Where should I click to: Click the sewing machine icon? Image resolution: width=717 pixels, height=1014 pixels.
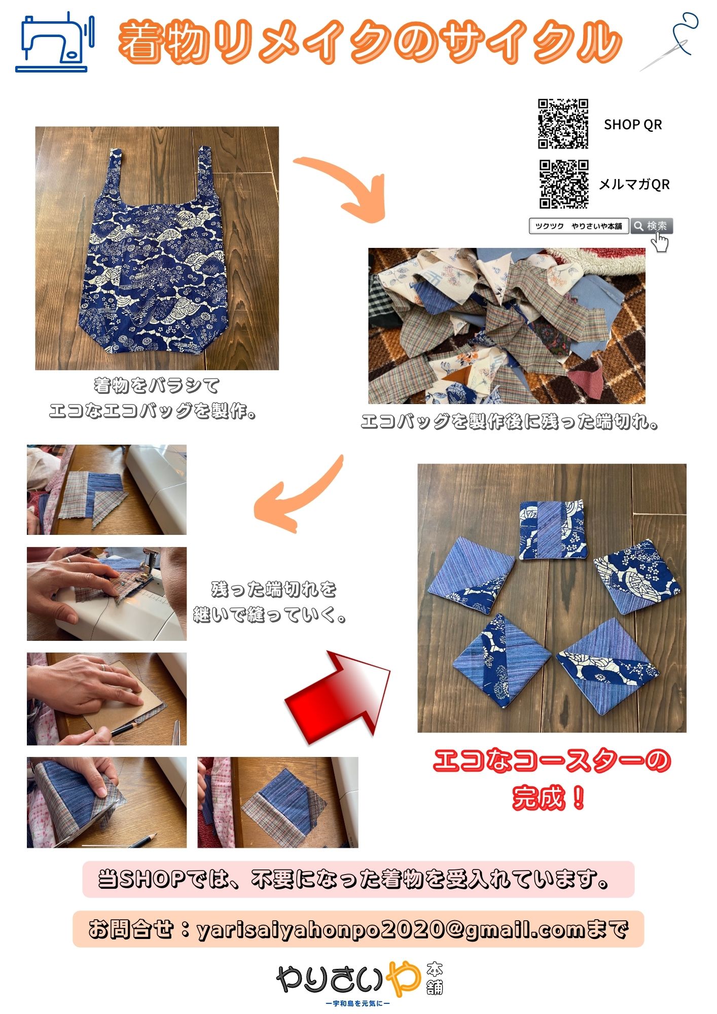tap(55, 43)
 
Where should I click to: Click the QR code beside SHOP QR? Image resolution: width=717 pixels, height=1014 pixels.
tap(563, 124)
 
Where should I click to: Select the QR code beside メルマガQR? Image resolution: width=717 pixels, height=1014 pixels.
tap(563, 184)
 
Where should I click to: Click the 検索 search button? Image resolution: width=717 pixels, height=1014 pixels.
tap(652, 226)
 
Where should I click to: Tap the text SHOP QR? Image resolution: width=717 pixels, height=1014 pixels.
tap(633, 125)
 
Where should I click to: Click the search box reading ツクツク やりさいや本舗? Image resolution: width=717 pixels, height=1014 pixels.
tap(579, 226)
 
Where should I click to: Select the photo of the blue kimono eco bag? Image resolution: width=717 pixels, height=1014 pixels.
tap(157, 248)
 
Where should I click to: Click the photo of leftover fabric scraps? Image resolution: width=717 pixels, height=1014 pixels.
tap(507, 325)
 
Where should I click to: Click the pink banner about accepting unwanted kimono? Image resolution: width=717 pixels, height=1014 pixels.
tap(358, 879)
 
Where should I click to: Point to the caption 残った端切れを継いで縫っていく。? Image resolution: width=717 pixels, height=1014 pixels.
tap(270, 602)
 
